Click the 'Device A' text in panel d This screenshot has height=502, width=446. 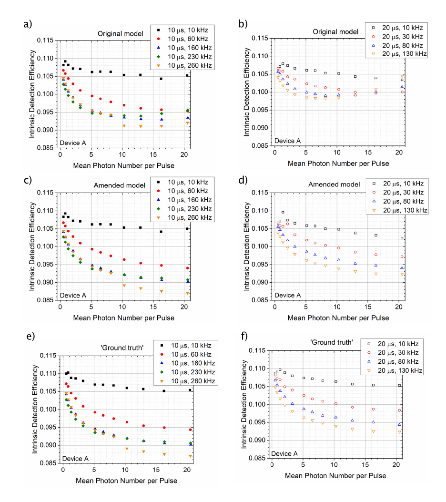click(285, 295)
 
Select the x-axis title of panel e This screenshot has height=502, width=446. click(126, 481)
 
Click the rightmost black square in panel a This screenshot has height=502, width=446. click(187, 75)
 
